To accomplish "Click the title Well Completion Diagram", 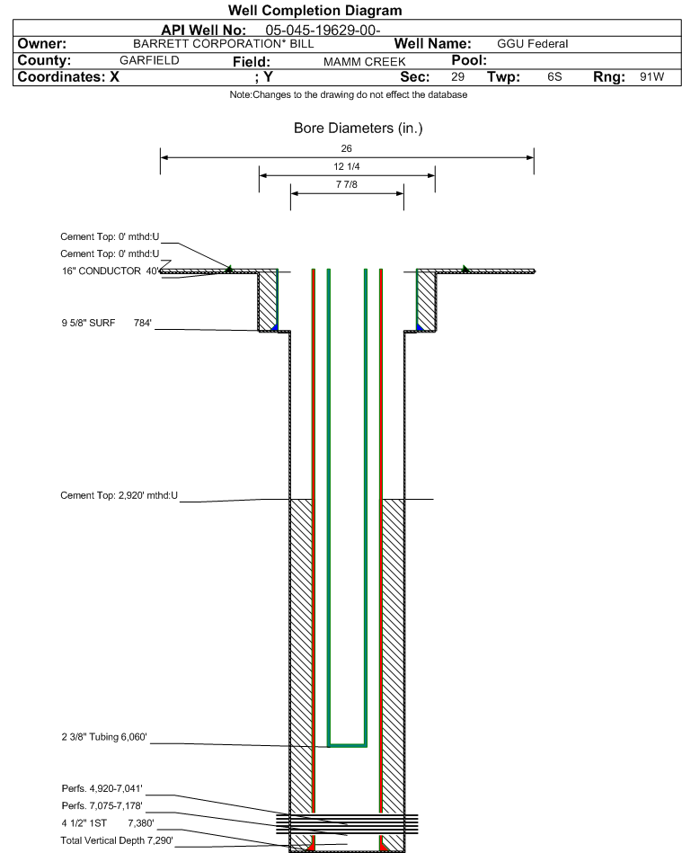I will click(314, 11).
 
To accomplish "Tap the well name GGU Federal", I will click(532, 44).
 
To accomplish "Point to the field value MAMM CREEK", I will click(364, 61).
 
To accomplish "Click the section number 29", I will click(457, 77).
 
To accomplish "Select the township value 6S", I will click(554, 77).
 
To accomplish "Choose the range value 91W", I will click(651, 77).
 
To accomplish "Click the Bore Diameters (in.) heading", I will click(358, 129).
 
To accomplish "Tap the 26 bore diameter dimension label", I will click(347, 148).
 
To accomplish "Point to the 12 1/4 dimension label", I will click(347, 167).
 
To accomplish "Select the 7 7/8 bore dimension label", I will click(347, 185).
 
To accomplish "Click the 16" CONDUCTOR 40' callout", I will click(110, 271).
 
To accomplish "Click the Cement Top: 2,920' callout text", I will click(120, 495).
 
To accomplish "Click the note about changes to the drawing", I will click(348, 95).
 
